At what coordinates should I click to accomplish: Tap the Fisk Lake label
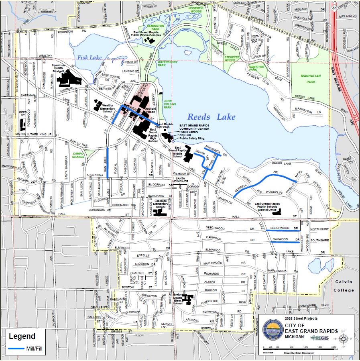coord(90,58)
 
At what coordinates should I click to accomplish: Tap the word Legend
coord(22,337)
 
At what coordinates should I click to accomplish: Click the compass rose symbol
coord(343,339)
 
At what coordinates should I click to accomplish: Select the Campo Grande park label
coord(78,155)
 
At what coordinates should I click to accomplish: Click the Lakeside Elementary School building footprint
coord(161,211)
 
